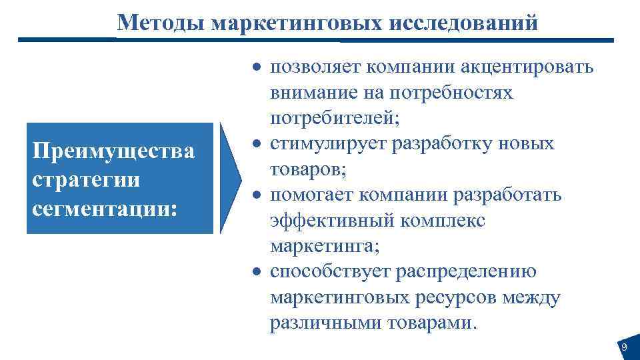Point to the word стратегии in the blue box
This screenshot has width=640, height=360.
pos(86,179)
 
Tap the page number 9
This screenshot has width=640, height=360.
pos(624,347)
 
